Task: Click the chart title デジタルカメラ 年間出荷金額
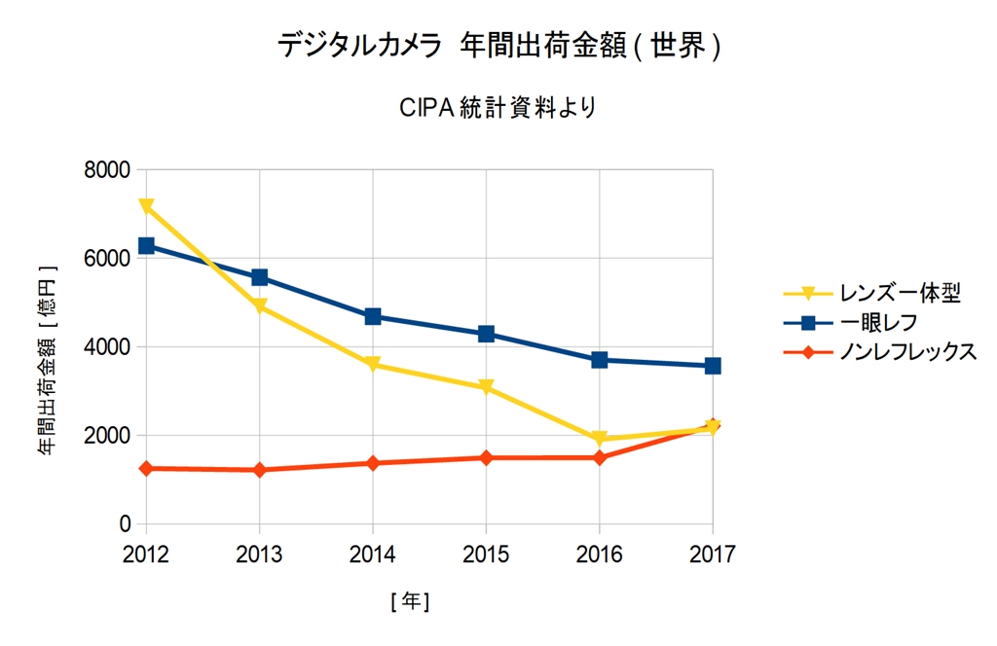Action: click(498, 47)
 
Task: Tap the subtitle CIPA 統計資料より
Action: click(498, 107)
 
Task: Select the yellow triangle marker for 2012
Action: click(146, 206)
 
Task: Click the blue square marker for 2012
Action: click(146, 245)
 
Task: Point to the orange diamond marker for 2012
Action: click(146, 468)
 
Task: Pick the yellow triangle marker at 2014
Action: click(373, 365)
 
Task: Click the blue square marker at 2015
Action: click(486, 334)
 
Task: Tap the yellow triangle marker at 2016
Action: click(600, 439)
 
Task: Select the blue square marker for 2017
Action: click(713, 366)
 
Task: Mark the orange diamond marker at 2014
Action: click(373, 463)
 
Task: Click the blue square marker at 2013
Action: click(259, 277)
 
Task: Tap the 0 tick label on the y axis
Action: click(125, 524)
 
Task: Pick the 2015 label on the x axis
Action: click(486, 555)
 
